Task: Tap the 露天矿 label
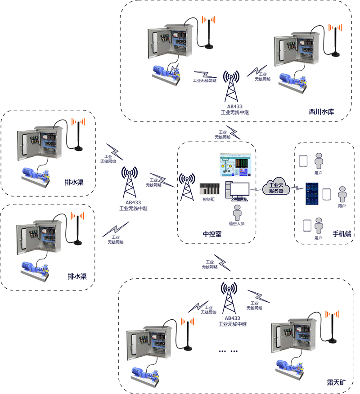pos(336,383)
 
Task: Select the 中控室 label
pos(212,234)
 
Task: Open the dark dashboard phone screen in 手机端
pos(312,193)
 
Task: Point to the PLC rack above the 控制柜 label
pos(209,189)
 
